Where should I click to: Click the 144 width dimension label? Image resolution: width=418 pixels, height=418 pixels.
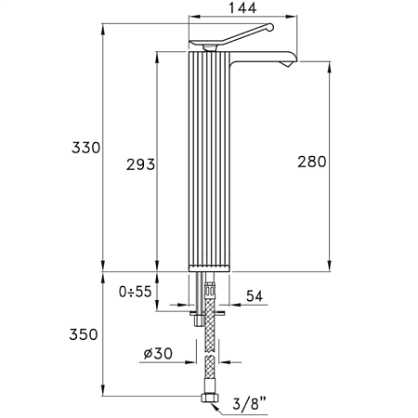(242, 7)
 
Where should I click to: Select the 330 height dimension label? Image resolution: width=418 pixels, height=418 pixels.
(86, 148)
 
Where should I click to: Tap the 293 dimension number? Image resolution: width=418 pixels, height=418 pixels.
(140, 164)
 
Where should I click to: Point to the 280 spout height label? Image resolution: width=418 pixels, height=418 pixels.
(312, 162)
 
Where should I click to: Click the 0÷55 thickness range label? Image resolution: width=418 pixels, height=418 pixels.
(136, 292)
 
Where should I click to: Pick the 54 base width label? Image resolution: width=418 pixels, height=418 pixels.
(255, 296)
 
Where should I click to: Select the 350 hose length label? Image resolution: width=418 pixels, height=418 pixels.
(84, 334)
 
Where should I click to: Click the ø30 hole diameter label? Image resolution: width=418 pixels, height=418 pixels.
(158, 353)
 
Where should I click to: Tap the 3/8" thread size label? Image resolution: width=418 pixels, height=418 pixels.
(250, 403)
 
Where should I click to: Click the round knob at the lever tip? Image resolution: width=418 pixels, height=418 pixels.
(270, 27)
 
